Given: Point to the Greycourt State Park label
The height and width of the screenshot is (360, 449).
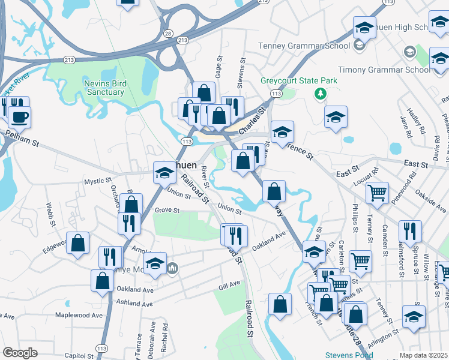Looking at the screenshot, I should click(298, 80).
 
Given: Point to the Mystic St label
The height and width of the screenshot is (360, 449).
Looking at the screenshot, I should click(98, 180).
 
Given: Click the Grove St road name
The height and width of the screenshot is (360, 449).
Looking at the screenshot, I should click(167, 211).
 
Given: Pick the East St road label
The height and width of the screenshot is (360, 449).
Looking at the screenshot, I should click(414, 163).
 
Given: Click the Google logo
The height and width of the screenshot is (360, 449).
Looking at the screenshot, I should click(20, 352).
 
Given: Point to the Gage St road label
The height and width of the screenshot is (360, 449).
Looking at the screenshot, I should click(219, 67).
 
